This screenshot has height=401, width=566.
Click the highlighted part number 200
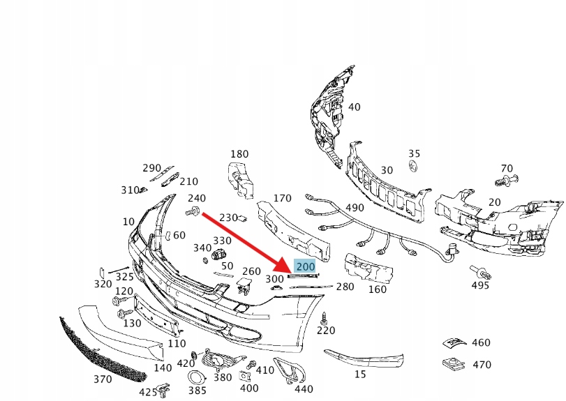tap(306, 267)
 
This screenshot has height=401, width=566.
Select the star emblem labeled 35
tap(413, 165)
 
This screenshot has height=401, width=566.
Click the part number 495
tap(480, 285)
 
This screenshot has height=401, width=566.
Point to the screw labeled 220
tap(324, 318)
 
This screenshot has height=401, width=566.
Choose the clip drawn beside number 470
tap(453, 364)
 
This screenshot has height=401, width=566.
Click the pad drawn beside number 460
tap(454, 342)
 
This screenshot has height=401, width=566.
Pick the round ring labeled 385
tap(197, 378)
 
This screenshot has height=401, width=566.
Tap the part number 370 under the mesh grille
tap(103, 379)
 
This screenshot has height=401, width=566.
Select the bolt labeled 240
tap(193, 211)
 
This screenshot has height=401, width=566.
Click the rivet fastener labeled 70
tap(507, 180)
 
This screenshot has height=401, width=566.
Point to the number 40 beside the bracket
tap(354, 107)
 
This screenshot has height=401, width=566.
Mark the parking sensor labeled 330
tap(218, 255)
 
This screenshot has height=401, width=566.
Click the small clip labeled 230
tap(243, 218)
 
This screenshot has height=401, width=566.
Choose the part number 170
tap(282, 198)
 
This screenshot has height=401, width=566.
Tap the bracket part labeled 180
tap(240, 181)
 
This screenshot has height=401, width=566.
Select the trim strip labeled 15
tap(364, 358)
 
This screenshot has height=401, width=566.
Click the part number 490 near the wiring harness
tap(355, 208)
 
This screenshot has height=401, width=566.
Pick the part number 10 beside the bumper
tap(128, 221)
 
